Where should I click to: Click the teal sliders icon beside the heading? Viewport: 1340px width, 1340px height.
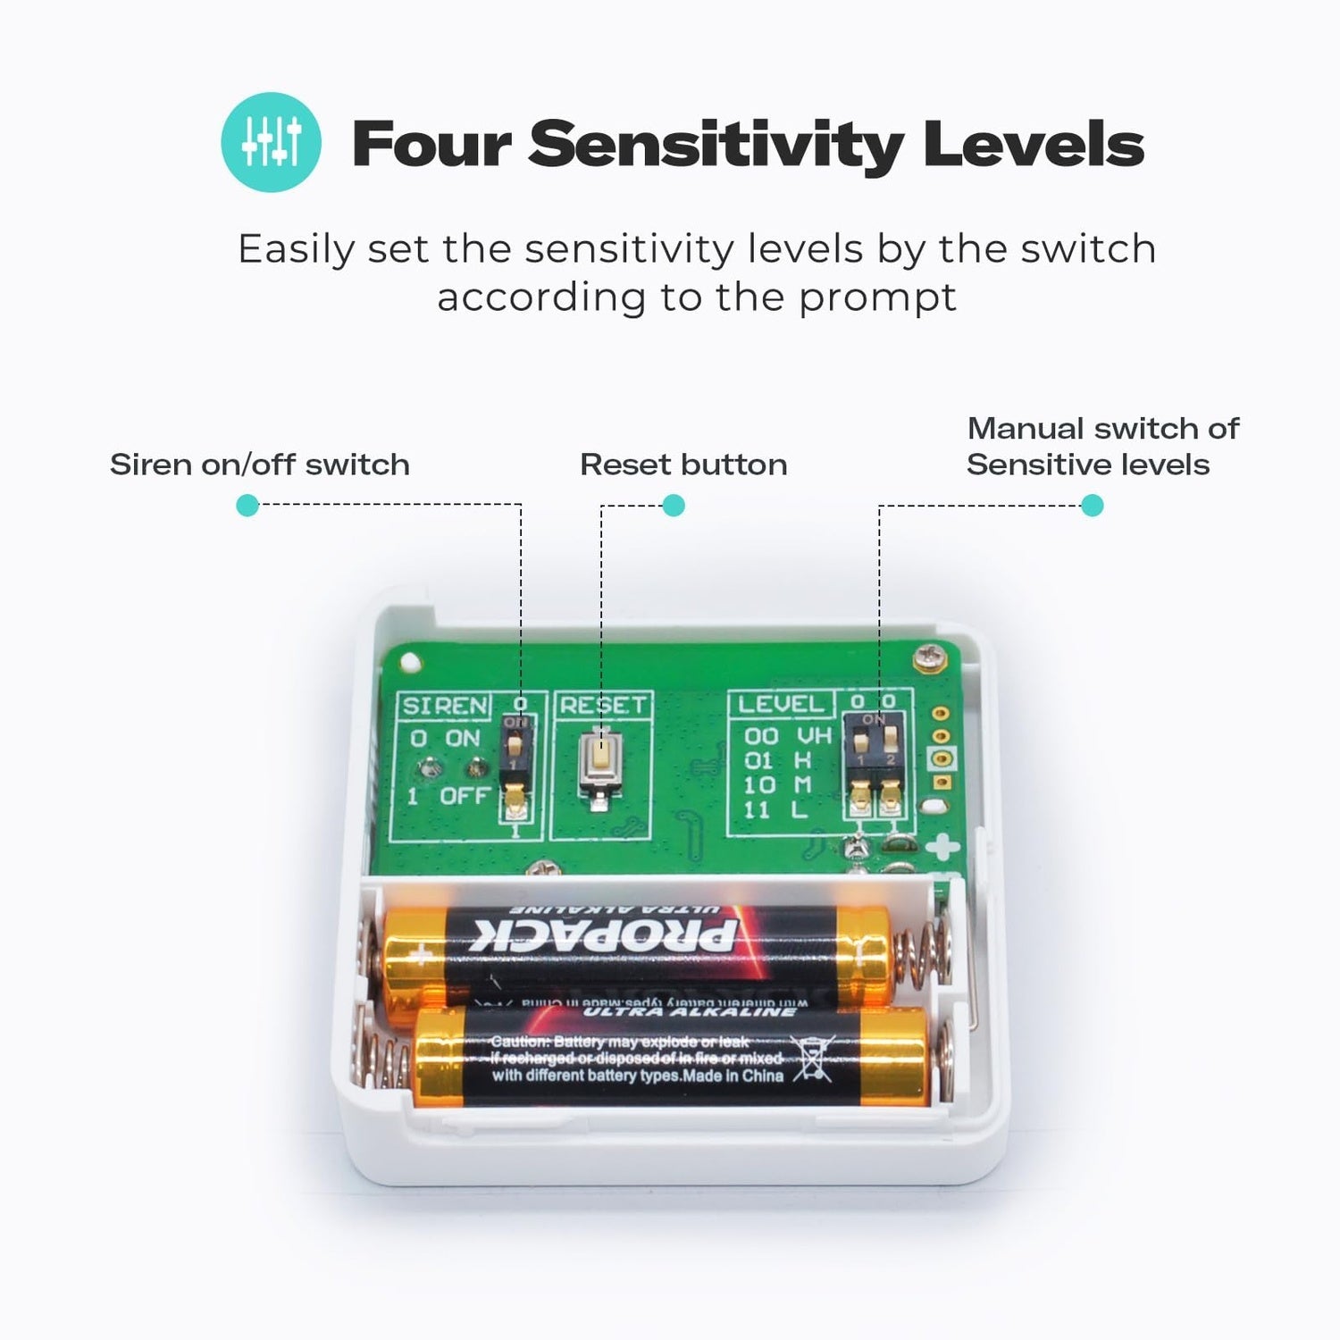click(x=271, y=142)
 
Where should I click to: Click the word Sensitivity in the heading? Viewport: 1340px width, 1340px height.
click(x=715, y=145)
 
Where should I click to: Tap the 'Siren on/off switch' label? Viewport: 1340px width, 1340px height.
click(x=259, y=465)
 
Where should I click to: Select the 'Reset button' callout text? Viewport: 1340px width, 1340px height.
click(x=683, y=465)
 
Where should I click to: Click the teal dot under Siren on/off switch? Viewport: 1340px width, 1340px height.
click(x=247, y=506)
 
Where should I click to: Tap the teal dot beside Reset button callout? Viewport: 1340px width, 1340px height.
click(x=674, y=506)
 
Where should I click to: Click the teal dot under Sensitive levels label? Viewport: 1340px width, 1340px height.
click(x=1092, y=506)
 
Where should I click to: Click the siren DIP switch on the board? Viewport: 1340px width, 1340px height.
click(x=515, y=768)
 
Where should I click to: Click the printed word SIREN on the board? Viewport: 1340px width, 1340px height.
click(x=445, y=706)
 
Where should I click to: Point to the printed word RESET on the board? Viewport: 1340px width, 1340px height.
click(x=602, y=705)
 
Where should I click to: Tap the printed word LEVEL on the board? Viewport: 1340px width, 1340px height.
click(x=781, y=704)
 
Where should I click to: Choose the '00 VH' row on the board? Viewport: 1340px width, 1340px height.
click(x=787, y=735)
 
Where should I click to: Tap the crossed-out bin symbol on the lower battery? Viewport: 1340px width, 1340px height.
click(x=812, y=1059)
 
